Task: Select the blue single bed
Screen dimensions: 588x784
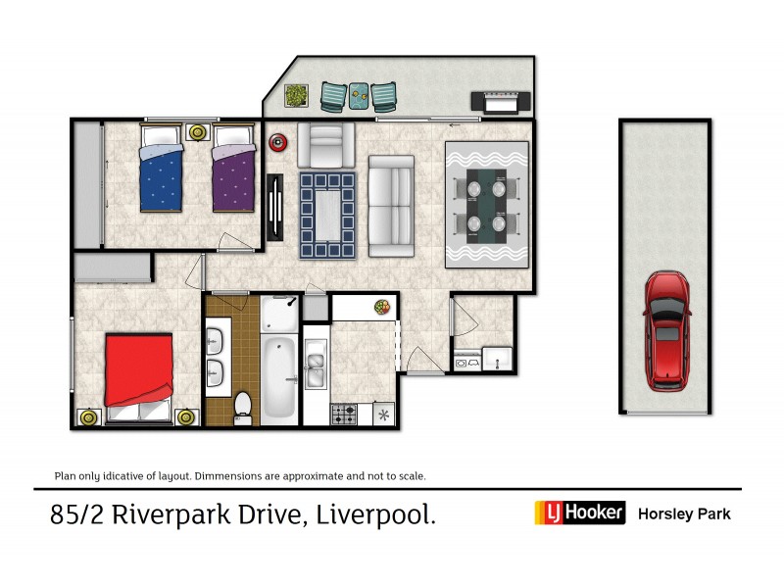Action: [x=161, y=176]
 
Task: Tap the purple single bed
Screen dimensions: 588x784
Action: [x=233, y=176]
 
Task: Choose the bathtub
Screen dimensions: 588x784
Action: [x=278, y=374]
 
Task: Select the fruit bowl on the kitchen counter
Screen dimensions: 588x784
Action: [x=381, y=307]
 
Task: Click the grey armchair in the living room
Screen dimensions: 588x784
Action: [x=324, y=144]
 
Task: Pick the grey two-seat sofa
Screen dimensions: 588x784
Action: [x=391, y=204]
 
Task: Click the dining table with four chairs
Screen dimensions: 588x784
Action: [x=486, y=203]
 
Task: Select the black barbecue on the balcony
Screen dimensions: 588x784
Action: [x=502, y=100]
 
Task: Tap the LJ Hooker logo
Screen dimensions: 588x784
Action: [x=579, y=513]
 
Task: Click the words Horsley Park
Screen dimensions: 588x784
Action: [x=684, y=514]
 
